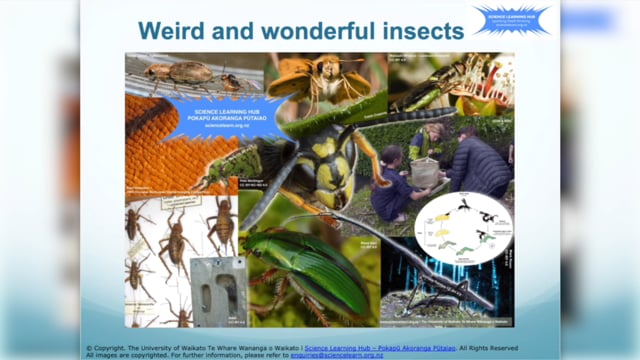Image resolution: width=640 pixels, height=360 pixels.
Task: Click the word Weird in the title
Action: coord(173,31)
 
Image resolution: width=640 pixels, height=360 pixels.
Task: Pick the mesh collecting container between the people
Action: coord(428,171)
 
